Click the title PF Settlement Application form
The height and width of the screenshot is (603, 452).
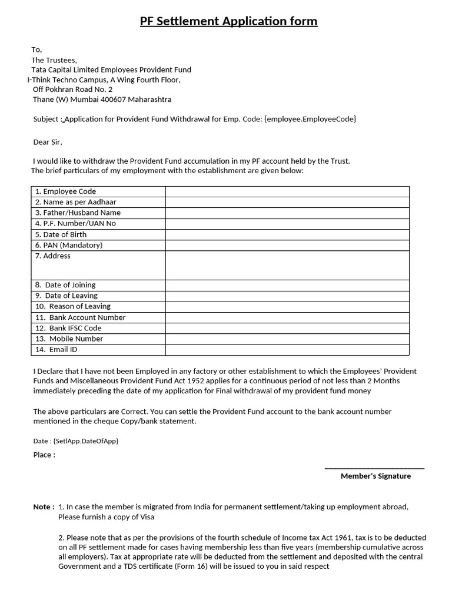(x=228, y=22)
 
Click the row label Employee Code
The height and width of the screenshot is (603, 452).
(x=65, y=191)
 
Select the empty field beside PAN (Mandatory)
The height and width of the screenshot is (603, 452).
(x=287, y=245)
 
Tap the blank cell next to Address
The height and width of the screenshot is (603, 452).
(x=287, y=265)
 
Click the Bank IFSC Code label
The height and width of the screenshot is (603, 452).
(x=68, y=328)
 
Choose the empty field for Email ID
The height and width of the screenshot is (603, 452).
(x=287, y=350)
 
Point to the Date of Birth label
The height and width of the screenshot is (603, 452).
(x=61, y=234)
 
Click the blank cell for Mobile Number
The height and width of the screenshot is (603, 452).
(x=287, y=339)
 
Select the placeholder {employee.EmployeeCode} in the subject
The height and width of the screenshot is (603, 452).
(x=310, y=119)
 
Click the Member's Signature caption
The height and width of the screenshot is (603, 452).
(x=375, y=476)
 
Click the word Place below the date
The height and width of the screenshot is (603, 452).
(x=44, y=455)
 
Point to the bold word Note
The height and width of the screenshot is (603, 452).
(x=43, y=506)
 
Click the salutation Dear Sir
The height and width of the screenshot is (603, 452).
(x=48, y=142)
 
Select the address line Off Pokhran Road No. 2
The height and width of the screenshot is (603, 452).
(x=72, y=90)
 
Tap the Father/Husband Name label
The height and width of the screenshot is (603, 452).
(x=78, y=213)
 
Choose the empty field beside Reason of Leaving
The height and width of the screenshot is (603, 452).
(x=287, y=306)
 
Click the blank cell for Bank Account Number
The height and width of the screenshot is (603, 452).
(x=287, y=317)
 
